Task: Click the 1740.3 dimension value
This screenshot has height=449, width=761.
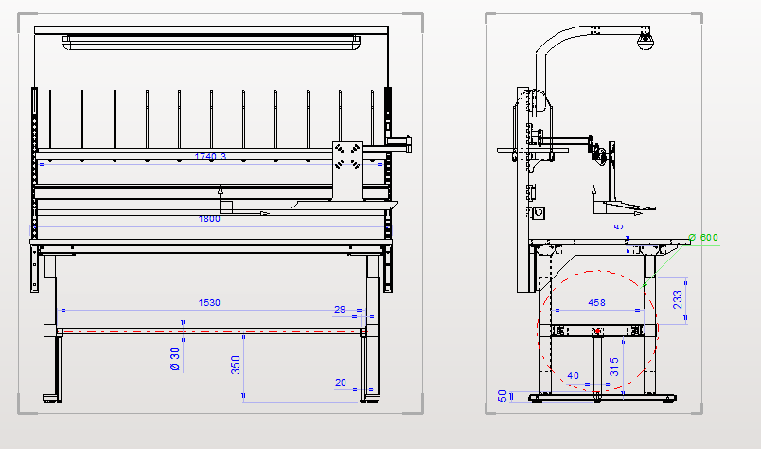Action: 209,156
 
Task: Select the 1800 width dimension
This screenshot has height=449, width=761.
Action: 209,219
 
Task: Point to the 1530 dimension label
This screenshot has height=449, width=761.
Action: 209,303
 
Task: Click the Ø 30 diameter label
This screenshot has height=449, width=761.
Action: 175,359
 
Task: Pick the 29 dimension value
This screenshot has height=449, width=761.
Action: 341,309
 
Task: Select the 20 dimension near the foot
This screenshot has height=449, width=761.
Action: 341,383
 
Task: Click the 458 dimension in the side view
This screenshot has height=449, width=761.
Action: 596,303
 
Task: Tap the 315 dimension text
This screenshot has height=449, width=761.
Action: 614,367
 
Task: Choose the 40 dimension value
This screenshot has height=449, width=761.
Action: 572,377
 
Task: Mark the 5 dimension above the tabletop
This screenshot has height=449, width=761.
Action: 619,227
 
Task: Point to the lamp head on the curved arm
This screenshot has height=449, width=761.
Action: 646,40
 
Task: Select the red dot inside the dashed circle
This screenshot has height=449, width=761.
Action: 597,331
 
